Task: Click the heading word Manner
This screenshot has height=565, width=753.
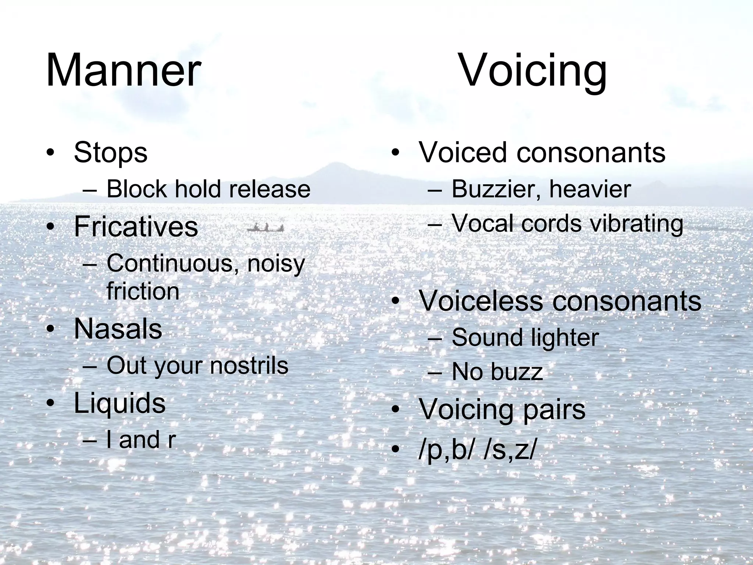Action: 123,70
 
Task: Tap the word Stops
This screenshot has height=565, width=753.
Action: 110,152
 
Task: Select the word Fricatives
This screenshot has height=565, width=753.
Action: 136,227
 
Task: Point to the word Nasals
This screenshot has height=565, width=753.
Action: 118,328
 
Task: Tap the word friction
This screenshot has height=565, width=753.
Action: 143,291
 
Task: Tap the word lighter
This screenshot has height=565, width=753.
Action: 562,338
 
